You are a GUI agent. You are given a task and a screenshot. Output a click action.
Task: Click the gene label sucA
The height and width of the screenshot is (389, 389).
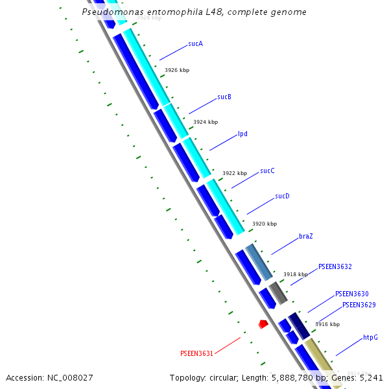[x=195, y=44]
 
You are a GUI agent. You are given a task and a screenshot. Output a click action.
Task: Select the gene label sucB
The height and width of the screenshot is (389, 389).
[x=224, y=97]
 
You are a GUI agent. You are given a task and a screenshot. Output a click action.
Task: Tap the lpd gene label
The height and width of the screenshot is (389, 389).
[x=242, y=134]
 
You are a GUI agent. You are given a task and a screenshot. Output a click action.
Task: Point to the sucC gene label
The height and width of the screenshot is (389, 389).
[x=267, y=171]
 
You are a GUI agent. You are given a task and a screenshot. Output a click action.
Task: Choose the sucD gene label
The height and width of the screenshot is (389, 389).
[x=282, y=196]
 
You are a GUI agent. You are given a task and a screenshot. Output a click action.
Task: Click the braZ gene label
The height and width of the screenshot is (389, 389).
[x=306, y=236]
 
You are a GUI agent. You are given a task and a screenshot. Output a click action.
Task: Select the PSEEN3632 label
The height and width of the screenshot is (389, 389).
[x=335, y=266]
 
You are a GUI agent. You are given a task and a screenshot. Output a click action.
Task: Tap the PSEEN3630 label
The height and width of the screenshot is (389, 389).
[x=351, y=294]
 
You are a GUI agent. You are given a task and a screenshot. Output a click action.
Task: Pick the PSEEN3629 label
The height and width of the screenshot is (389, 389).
[x=359, y=305]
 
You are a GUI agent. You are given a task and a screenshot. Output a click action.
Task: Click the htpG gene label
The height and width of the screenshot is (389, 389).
[x=370, y=338]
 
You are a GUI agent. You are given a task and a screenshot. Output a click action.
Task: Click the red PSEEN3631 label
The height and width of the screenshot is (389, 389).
[x=196, y=353]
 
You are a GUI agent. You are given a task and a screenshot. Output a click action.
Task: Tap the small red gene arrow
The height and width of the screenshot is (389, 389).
[x=263, y=324]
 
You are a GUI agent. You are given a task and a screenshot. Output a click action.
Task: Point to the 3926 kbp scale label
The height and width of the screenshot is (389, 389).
[x=177, y=70]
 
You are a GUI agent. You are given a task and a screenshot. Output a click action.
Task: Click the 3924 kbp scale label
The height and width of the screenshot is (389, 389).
[x=206, y=122]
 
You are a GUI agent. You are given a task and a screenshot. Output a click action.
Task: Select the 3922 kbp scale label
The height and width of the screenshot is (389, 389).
[x=235, y=173]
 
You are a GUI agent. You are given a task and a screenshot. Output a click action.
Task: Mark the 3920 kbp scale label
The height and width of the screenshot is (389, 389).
[x=264, y=224]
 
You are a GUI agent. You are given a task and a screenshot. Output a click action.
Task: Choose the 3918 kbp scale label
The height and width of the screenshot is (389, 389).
[x=295, y=274]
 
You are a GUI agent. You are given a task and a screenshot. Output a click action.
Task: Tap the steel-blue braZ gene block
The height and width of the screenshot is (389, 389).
[x=259, y=262]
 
